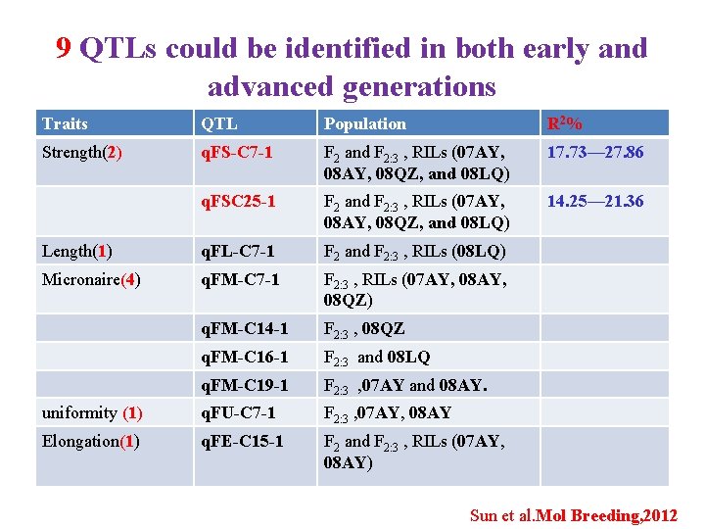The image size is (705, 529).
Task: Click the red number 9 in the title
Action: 64,48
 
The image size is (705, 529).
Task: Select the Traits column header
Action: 65,123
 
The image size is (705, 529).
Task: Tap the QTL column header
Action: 218,123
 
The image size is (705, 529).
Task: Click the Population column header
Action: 364,123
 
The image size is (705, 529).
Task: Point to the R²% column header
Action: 565,123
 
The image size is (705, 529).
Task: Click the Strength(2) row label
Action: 81,152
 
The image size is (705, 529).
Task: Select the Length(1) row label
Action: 76,251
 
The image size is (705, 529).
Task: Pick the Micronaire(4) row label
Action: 90,279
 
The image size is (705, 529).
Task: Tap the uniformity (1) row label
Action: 92,412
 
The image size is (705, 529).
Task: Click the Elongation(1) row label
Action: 88,441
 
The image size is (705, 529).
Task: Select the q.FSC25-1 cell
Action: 238,201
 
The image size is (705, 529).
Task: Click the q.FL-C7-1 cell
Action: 237,251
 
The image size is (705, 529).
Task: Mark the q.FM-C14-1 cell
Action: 244,328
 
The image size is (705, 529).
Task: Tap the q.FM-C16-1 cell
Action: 244,357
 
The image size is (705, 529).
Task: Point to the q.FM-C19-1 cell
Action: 244,385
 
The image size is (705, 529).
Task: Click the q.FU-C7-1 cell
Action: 238,412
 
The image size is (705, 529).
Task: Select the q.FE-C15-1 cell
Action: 242,441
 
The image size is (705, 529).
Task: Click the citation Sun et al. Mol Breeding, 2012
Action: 573,515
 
